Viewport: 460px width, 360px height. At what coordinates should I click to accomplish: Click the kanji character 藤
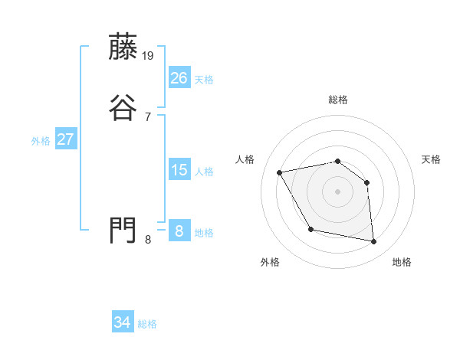(x=123, y=47)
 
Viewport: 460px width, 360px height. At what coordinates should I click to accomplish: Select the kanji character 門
(x=123, y=230)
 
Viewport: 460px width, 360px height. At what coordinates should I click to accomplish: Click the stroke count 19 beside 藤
(x=149, y=55)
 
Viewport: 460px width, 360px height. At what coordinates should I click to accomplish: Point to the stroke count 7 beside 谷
(x=148, y=116)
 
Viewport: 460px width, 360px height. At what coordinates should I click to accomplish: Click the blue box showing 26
(x=179, y=77)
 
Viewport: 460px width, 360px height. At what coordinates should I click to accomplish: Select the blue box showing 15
(x=179, y=170)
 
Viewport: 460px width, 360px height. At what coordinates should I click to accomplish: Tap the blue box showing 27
(x=66, y=139)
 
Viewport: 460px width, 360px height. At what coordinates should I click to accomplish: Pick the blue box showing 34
(x=123, y=322)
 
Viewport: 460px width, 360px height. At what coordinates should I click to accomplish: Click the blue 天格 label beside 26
(x=204, y=79)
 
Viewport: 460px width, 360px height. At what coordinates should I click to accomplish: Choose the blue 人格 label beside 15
(x=204, y=172)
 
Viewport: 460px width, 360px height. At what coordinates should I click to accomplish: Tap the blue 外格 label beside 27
(x=41, y=141)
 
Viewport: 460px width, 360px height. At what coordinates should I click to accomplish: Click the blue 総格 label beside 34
(x=147, y=324)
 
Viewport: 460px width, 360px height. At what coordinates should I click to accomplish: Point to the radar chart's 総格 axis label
(x=337, y=100)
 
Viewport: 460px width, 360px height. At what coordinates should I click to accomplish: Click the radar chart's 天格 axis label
(x=431, y=159)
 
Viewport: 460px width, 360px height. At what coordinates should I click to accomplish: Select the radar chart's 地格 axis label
(x=402, y=262)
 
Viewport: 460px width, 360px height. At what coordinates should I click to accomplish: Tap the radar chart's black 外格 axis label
(x=270, y=262)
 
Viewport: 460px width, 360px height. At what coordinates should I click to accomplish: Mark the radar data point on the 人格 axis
(x=280, y=172)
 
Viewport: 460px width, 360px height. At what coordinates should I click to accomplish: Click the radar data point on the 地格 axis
(x=373, y=242)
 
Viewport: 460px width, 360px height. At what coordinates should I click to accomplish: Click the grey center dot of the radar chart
(x=337, y=191)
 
